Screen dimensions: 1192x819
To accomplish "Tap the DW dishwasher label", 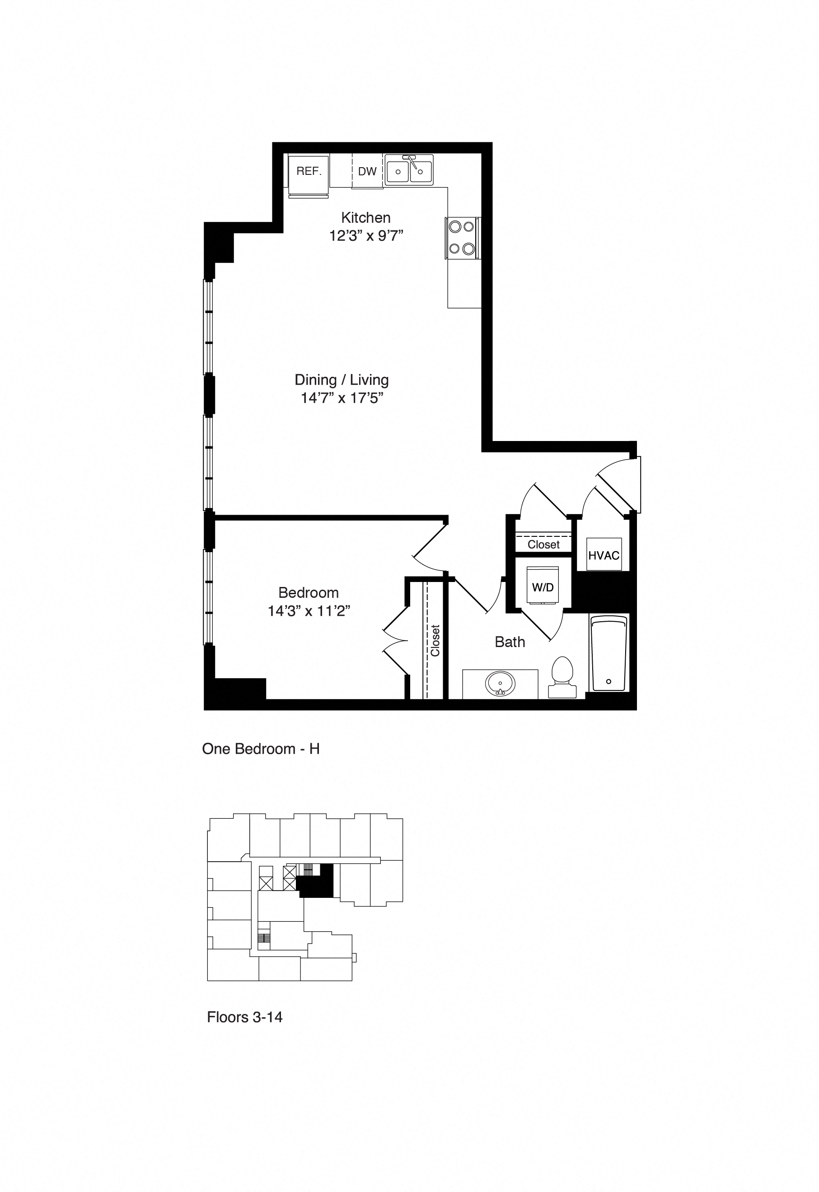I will [367, 171].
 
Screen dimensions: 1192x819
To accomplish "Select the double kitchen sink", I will [409, 170].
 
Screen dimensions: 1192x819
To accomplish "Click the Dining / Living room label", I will [341, 380].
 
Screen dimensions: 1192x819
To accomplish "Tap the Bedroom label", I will [309, 592].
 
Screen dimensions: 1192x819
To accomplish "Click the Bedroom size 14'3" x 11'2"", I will [309, 611].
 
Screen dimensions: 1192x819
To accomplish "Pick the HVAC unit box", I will [604, 555].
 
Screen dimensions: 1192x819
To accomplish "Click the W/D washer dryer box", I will [543, 587].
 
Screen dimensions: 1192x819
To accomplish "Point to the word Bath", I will [510, 642].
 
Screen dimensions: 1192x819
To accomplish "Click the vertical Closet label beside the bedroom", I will [435, 640].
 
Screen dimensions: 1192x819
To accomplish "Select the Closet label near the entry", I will [543, 544].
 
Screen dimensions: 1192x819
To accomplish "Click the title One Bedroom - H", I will [261, 749].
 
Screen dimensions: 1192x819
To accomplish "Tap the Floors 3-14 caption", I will [244, 1017].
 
